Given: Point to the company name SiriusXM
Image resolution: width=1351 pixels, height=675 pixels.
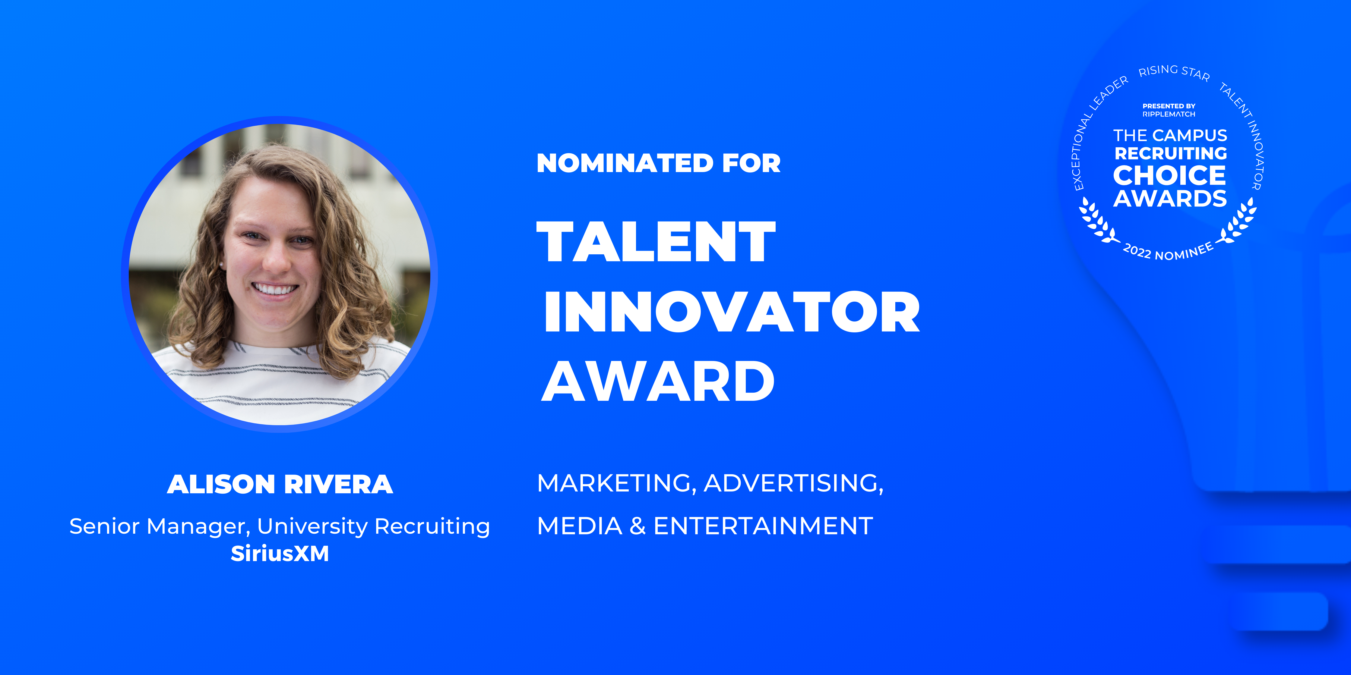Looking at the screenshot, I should (x=280, y=554).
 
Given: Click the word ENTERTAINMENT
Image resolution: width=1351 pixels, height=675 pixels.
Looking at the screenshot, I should (x=763, y=526).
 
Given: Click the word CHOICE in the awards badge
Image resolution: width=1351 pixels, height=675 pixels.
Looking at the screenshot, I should (x=1169, y=176).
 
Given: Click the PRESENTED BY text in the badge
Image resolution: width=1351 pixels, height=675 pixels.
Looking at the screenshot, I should (x=1169, y=106).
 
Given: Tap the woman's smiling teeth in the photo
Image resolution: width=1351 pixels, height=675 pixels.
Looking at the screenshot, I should (x=275, y=289).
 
